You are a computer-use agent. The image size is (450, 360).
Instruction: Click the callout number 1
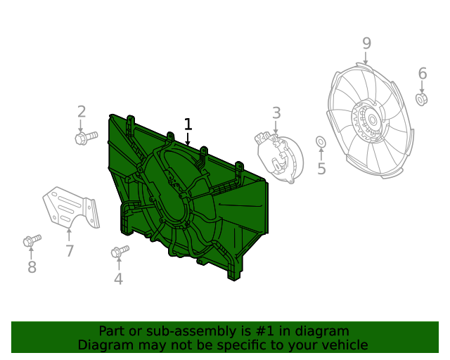point(188,124)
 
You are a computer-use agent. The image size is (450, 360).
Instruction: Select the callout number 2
point(82,112)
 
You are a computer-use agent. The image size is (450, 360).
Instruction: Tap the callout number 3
point(276,113)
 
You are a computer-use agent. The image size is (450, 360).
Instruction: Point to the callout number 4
point(119,278)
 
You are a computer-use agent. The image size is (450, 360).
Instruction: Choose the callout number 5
point(321,168)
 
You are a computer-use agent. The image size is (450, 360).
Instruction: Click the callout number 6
point(423,74)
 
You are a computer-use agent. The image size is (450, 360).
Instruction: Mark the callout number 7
point(70,251)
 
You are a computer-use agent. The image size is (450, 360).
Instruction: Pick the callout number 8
point(32,267)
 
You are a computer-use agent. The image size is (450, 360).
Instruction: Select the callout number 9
point(366,44)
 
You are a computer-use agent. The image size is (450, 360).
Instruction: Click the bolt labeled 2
point(86,138)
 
